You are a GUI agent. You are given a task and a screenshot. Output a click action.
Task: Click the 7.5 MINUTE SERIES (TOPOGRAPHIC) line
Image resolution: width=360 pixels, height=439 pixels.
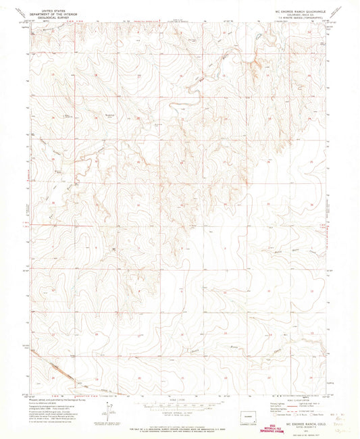pos(297,18)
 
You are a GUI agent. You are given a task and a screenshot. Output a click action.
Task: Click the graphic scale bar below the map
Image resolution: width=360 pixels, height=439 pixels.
pos(179,407)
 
